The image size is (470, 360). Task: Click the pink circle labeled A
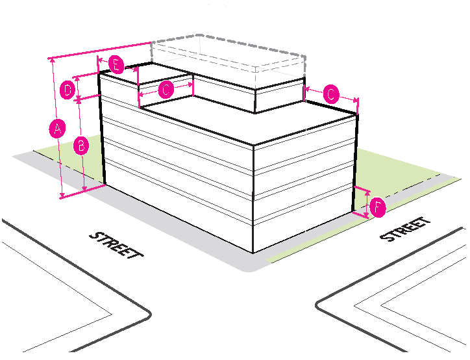[57, 129]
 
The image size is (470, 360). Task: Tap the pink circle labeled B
[80, 146]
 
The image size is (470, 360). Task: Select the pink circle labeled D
[67, 90]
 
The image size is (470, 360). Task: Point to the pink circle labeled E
[116, 65]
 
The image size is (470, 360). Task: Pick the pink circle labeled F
[378, 208]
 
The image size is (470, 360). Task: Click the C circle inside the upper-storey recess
[166, 90]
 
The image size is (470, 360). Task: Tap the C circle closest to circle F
[330, 95]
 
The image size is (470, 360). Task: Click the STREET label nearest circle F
[406, 229]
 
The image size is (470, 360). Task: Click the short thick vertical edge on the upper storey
[254, 101]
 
